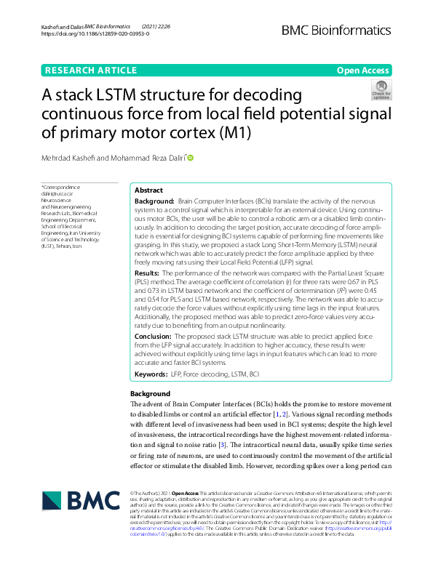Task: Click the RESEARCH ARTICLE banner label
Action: (x=91, y=71)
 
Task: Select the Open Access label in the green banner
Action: (x=362, y=71)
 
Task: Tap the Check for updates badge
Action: (x=381, y=90)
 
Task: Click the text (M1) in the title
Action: (x=274, y=133)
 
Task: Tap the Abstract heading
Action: (x=149, y=190)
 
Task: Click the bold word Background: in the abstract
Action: (x=154, y=200)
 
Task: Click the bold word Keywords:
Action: (x=151, y=374)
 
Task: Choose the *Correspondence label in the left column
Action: (x=60, y=188)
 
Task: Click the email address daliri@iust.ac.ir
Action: (x=59, y=194)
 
